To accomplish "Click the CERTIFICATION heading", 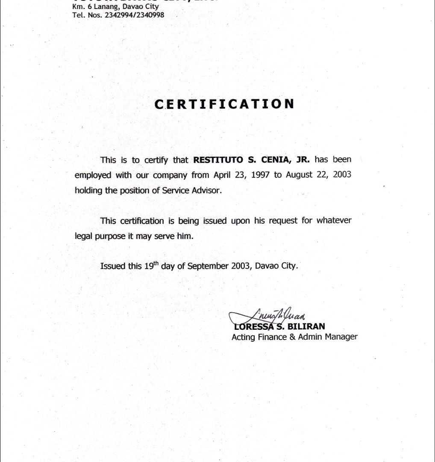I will coord(224,104).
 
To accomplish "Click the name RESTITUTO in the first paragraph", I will coord(218,160).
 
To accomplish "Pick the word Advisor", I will coord(207,190).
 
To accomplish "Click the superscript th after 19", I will coord(156,263).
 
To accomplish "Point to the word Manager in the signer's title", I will coord(341,337).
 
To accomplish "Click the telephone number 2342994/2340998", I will coord(134,15).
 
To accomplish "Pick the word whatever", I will coord(334,221).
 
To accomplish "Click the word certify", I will coord(158,160).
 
